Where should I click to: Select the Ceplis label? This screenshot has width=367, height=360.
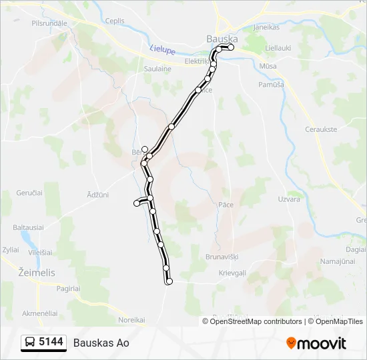pos(115,21)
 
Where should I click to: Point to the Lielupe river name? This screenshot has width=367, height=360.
pos(161,49)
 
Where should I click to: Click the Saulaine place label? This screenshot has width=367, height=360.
pos(157,69)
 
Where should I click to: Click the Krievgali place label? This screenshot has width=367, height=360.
pos(232,273)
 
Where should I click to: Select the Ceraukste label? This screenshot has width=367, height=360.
pos(321,129)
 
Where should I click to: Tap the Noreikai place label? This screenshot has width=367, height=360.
pos(131,319)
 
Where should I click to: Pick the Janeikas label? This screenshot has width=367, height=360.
pos(266,28)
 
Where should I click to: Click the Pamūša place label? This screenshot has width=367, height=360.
pos(271,85)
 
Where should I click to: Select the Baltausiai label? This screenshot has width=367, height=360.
pos(27,227)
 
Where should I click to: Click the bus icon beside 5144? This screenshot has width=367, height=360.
pos(30,343)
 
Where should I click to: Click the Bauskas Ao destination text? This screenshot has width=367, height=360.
pos(101,343)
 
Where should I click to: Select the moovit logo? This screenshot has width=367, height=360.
pos(316,343)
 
